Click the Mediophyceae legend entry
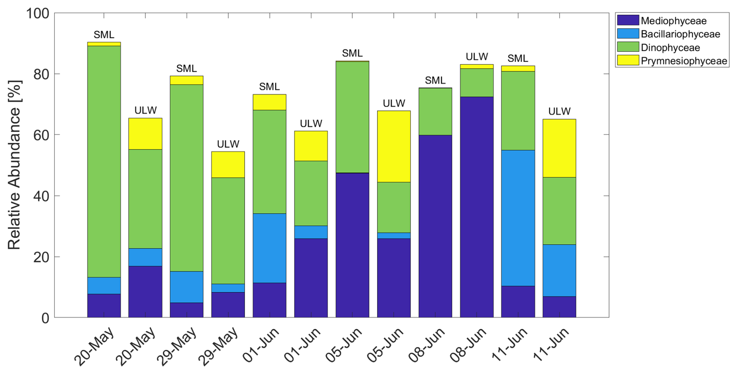[x=673, y=21]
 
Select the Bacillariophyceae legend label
[x=680, y=34]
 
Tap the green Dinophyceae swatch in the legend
[x=628, y=47]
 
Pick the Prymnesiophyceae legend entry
[x=684, y=61]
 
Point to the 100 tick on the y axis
[x=37, y=14]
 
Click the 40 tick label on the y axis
[x=41, y=196]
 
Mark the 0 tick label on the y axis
[x=45, y=318]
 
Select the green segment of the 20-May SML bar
[x=104, y=161]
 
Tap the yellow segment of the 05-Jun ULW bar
[x=394, y=146]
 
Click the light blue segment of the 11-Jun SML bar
[x=518, y=218]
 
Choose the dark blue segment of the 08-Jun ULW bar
[x=476, y=207]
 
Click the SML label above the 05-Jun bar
[x=352, y=53]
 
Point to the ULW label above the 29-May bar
[x=228, y=144]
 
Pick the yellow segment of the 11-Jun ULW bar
[x=559, y=148]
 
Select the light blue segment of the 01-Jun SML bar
[x=269, y=248]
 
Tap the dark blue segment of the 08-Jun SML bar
[x=435, y=226]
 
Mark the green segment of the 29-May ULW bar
[x=228, y=231]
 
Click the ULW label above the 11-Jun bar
[x=559, y=111]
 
